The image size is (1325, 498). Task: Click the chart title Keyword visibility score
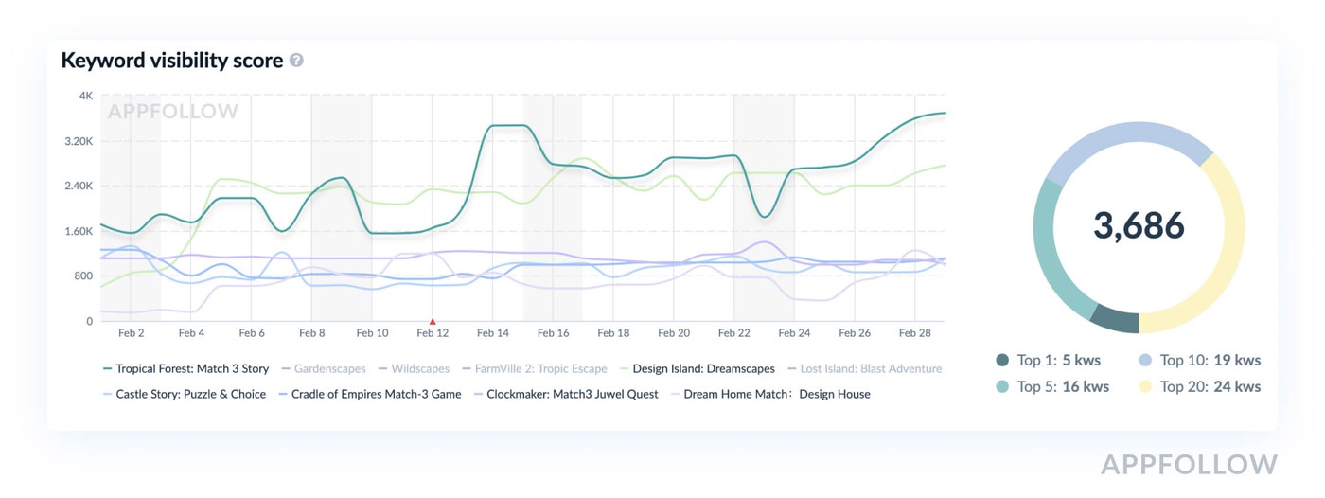tap(171, 61)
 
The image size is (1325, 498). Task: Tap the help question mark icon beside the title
tap(296, 61)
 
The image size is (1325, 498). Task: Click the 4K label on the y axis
tap(86, 96)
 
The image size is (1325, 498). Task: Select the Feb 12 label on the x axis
tap(433, 333)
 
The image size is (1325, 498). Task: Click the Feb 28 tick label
tap(915, 333)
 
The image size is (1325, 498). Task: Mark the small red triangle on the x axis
tap(433, 322)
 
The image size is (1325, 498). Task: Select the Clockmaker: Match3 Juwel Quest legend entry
tap(573, 394)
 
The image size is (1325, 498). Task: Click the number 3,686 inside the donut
tap(1139, 225)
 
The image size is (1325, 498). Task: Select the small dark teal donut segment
tap(1114, 320)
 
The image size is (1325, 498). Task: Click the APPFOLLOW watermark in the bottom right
tap(1189, 464)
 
